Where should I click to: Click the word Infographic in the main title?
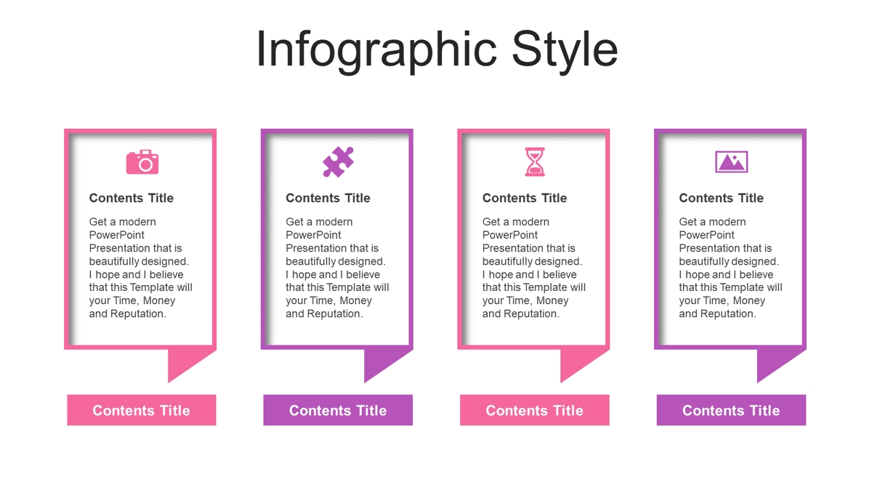coord(377,51)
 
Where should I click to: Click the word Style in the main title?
coord(565,51)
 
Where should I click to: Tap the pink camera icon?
coord(142,161)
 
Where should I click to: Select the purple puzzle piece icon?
coord(339,161)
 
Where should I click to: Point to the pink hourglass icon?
coord(535,161)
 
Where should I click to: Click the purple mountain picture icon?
coord(732,161)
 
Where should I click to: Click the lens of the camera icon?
coord(145,165)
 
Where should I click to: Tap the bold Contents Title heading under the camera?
coord(132,198)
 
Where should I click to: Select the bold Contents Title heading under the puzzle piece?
coord(328,198)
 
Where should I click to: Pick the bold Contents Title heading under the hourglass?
coord(525,198)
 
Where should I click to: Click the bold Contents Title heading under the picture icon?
coord(721,198)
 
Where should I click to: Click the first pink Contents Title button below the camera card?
coord(142,410)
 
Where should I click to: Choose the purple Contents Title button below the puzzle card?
coord(338,410)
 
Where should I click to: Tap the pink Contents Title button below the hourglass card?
coord(535,410)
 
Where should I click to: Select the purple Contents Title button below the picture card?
coord(732,410)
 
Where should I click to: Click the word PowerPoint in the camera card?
coord(116,235)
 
